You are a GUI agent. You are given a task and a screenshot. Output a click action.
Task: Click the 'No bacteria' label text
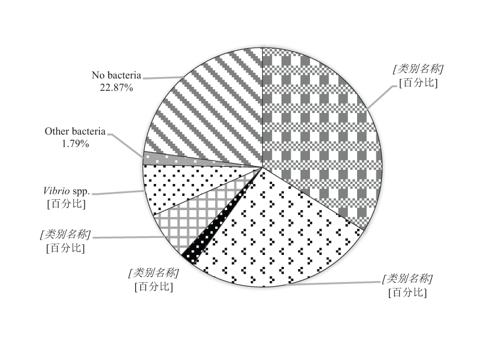116,76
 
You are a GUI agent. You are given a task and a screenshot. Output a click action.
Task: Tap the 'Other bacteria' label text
75,132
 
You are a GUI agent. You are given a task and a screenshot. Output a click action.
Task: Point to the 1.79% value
75,144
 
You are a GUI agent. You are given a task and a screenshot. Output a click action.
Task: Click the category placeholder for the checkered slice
418,69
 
